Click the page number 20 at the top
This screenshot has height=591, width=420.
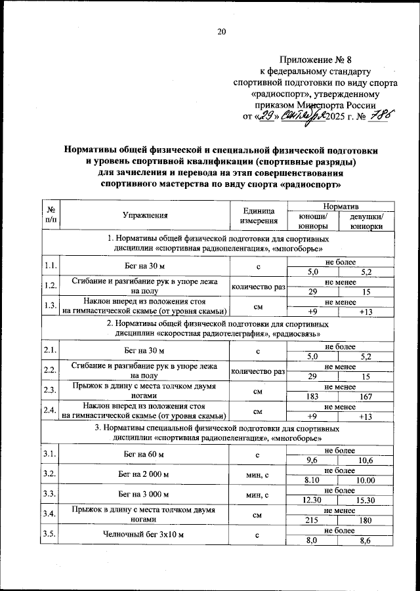point(221,31)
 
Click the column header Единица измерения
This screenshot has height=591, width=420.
point(257,215)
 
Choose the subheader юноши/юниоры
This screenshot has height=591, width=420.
point(313,221)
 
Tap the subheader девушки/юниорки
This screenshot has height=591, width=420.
point(366,221)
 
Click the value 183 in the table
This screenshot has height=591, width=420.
point(313,397)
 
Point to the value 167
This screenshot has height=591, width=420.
point(366,397)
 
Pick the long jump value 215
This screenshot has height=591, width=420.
point(313,520)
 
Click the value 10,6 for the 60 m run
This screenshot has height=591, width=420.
point(366,460)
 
